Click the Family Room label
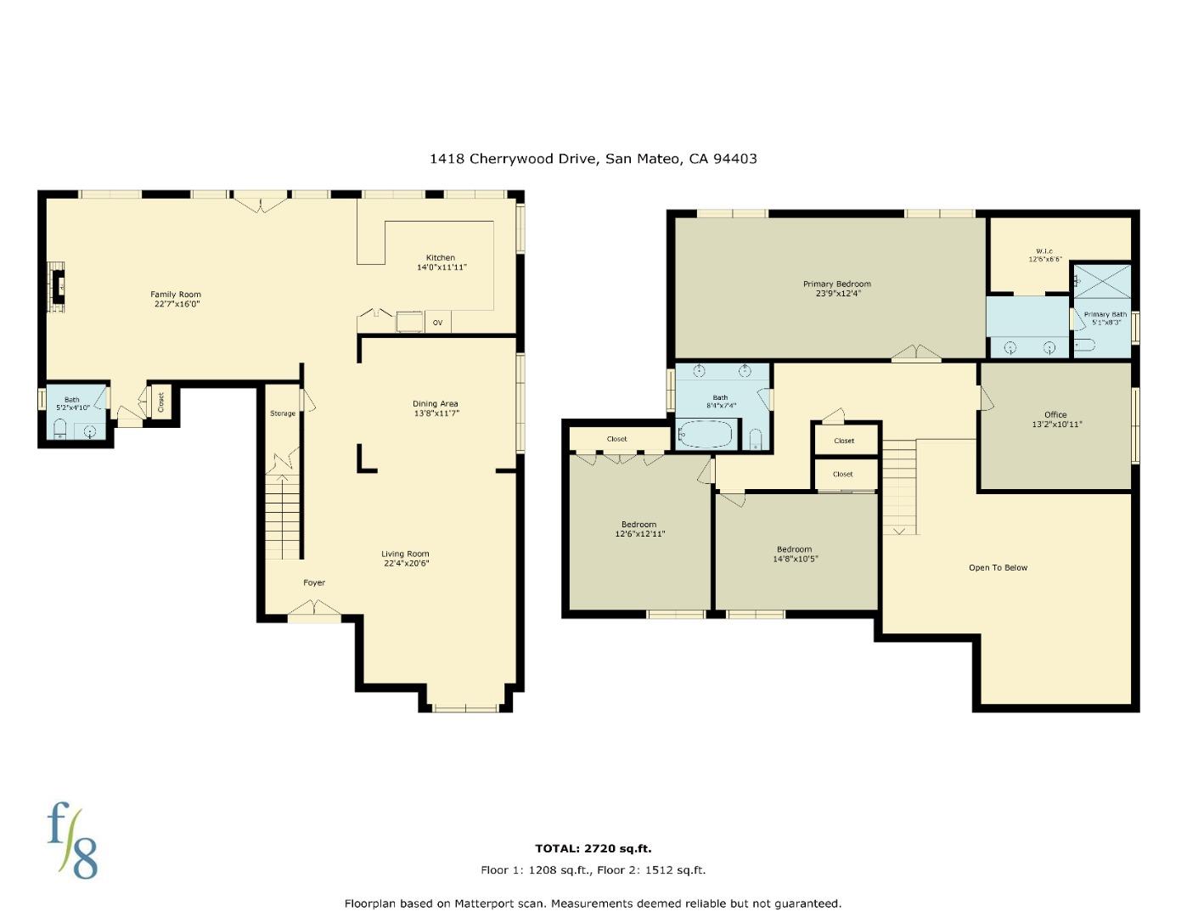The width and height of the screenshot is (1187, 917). pos(176,295)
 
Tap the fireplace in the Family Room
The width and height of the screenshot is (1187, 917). pos(56,286)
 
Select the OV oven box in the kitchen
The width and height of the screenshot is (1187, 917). pos(437,322)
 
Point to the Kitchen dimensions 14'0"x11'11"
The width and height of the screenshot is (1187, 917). pos(442,267)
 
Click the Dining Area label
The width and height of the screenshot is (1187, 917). pos(435,403)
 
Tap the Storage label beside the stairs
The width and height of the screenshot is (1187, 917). pos(283,413)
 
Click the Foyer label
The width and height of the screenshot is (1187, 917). pos(314,582)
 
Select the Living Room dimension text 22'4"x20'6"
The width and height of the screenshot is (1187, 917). pos(406,563)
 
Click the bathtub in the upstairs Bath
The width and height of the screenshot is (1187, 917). pos(706,434)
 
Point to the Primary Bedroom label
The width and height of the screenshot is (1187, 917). pos(837,284)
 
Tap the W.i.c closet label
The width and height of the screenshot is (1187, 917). pos(1044,251)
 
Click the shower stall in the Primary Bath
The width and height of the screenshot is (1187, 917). pos(1102,281)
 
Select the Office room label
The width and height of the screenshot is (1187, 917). pos(1055,414)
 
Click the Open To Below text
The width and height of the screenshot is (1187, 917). pos(998,567)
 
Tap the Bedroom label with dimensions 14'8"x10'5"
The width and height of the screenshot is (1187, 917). pos(794,549)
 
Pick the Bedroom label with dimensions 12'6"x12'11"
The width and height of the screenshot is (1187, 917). pos(639,525)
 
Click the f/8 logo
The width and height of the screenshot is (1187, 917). pos(72,840)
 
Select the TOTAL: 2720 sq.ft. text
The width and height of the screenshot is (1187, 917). pos(593,848)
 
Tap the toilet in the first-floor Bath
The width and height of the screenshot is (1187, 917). pos(60,428)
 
